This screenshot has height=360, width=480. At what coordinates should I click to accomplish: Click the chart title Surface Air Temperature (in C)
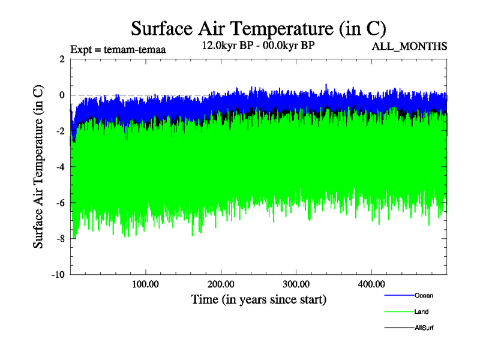coord(258,28)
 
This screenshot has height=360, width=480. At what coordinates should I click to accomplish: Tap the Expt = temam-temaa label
coord(118,50)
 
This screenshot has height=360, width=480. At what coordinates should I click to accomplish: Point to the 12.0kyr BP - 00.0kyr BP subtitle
coord(259,46)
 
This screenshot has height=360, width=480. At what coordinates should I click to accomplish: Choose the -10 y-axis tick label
coord(58,275)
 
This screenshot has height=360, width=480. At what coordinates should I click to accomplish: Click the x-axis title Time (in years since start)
coord(258,299)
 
